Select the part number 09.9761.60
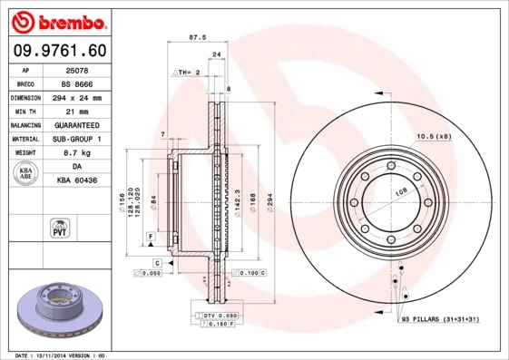point(59,51)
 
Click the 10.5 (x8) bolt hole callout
point(433,136)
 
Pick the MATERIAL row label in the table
point(25,139)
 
